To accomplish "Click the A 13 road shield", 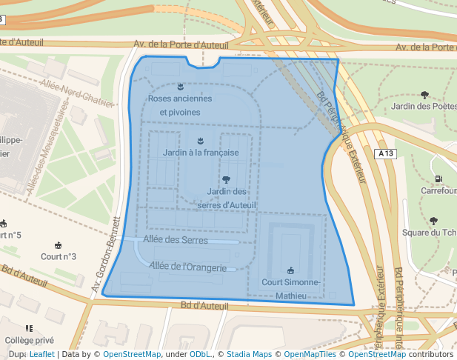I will (x=385, y=153).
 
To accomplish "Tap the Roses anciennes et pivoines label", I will (x=180, y=105).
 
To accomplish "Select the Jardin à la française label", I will (x=201, y=152).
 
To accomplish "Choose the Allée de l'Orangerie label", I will (x=187, y=266).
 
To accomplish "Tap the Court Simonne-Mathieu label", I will (x=290, y=289).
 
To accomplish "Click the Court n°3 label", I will (x=59, y=257).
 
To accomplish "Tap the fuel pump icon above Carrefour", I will (x=438, y=179).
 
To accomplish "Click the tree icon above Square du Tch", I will (x=433, y=220).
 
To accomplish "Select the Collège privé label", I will (x=29, y=340).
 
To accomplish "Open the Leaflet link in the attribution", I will (x=41, y=355).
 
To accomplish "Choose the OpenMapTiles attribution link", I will (x=311, y=355).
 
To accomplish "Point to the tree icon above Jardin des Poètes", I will (x=424, y=94).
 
